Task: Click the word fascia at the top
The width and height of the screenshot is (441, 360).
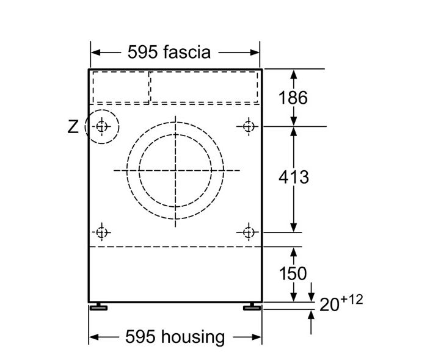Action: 186,52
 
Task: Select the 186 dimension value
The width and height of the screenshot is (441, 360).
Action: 293,98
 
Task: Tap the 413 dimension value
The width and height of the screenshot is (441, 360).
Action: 294,177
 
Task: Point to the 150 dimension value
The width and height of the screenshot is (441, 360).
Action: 293,273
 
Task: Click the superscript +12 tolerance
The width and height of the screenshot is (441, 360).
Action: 352,300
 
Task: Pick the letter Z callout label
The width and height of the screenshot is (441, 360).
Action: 73,127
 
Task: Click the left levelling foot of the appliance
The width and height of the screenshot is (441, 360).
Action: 98,307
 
